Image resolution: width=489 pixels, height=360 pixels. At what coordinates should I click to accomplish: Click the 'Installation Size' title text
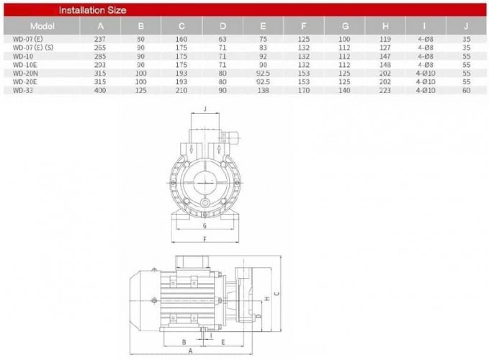coord(92,11)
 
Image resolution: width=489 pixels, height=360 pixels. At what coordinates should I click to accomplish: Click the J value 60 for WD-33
coord(467,89)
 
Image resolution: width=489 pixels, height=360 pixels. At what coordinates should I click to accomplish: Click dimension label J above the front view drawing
coord(206,109)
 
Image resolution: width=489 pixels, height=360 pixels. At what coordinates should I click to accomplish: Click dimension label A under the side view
coord(189,351)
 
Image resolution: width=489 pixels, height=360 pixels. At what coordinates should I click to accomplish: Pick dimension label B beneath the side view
coord(184,340)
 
